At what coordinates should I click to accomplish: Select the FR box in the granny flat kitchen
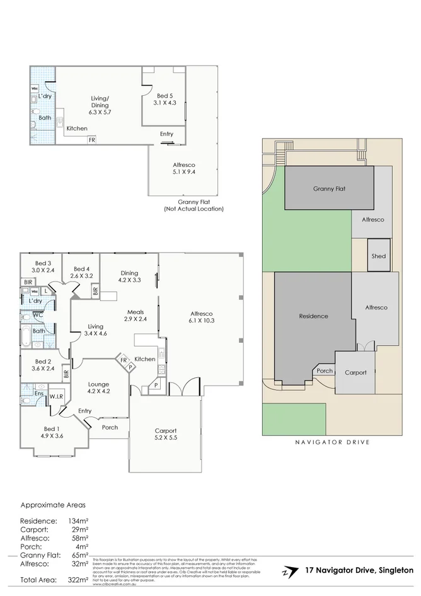(92, 140)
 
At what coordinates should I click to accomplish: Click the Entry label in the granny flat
(166, 134)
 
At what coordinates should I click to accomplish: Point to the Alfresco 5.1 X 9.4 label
(183, 168)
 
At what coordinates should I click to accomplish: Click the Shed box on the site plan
(378, 256)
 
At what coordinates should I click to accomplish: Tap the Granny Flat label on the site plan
(329, 188)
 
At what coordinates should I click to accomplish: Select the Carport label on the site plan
(355, 372)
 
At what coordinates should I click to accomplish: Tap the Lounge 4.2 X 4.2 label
(98, 387)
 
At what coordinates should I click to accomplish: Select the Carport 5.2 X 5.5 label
(166, 434)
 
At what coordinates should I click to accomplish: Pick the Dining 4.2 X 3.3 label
(129, 276)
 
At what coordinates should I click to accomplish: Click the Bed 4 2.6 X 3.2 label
(82, 272)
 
